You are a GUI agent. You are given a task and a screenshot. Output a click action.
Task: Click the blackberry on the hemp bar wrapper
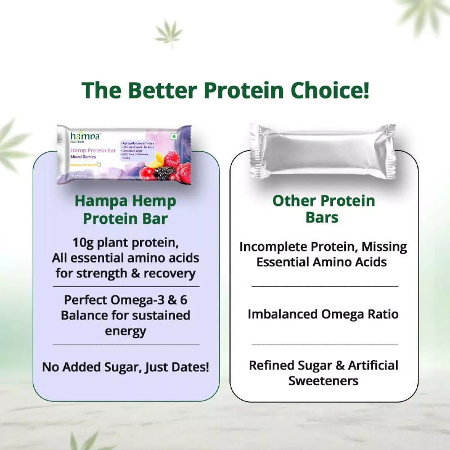click(x=164, y=173)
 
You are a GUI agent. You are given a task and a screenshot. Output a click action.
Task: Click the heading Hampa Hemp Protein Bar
click(x=125, y=209)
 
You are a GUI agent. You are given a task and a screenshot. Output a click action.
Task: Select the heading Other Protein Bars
click(x=323, y=209)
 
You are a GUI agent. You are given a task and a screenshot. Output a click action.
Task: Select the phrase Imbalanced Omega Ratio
click(x=323, y=314)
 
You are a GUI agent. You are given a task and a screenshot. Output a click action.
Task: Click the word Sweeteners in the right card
click(x=323, y=380)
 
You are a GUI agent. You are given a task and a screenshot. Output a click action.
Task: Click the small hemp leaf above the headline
click(x=168, y=33)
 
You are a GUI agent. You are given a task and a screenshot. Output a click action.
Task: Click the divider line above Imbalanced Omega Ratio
click(x=325, y=286)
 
